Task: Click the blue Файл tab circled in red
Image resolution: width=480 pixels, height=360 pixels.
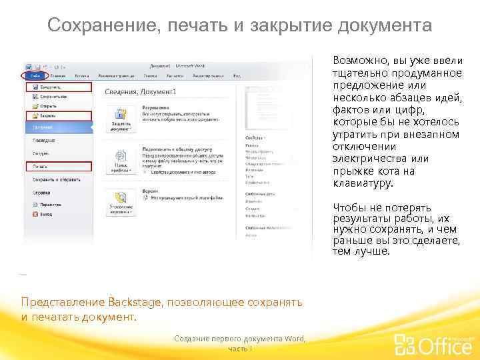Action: [x=33, y=76]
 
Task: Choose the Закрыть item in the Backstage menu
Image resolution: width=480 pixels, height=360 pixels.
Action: [x=49, y=115]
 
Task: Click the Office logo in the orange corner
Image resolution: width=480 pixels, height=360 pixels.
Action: [x=434, y=343]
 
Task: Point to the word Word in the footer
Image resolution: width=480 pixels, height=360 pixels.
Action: [x=294, y=339]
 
